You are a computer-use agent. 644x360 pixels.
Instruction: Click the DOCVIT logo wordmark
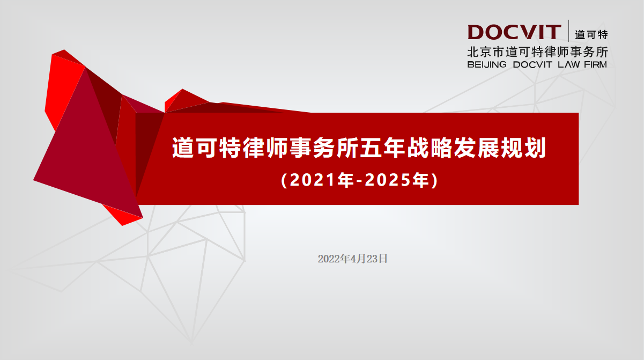pyautogui.click(x=514, y=33)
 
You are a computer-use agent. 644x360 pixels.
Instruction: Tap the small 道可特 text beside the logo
pyautogui.click(x=591, y=35)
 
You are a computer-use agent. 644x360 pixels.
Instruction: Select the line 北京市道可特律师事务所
pyautogui.click(x=537, y=53)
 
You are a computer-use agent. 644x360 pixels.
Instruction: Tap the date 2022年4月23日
pyautogui.click(x=352, y=259)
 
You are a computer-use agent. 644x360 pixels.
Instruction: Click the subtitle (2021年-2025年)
pyautogui.click(x=359, y=180)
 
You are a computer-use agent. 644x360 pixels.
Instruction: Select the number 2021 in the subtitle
pyautogui.click(x=307, y=180)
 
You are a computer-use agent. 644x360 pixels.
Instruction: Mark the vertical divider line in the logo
pyautogui.click(x=569, y=31)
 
